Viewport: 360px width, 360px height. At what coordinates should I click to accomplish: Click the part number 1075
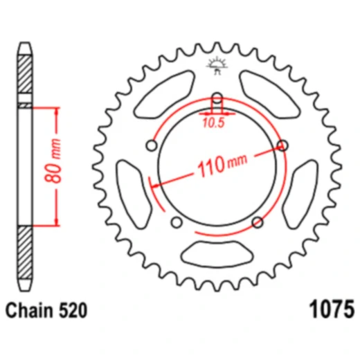[332, 309]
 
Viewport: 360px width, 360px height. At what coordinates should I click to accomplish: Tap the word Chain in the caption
[29, 310]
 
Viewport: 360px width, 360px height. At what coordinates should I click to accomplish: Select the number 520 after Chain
[73, 310]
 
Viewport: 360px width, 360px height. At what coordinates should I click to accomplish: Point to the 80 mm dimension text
[53, 161]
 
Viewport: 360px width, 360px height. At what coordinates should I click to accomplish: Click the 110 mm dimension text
[222, 165]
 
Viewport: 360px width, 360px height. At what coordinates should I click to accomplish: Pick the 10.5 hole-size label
[214, 123]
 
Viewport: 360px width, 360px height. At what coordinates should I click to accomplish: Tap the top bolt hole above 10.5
[217, 98]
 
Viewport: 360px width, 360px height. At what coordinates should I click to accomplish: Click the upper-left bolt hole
[152, 145]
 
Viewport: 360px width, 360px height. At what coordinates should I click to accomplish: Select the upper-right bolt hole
[282, 145]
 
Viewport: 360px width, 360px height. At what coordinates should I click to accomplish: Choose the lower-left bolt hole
[177, 222]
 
